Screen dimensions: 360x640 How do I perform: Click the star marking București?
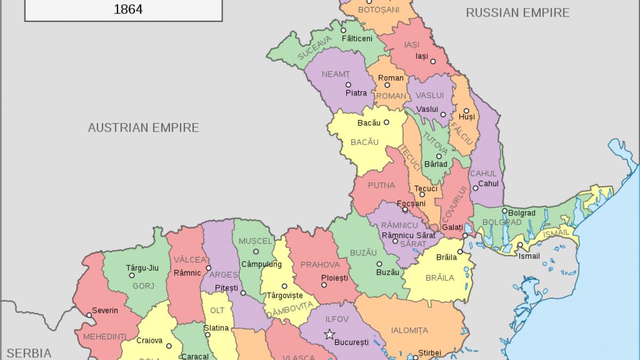[330, 334]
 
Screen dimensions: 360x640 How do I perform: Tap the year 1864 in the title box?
[128, 9]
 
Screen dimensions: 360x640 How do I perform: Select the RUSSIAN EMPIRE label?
[517, 12]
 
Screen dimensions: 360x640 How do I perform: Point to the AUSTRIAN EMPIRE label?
[143, 127]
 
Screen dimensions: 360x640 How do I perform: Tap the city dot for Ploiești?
[324, 285]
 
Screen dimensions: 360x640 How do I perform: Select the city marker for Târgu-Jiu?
[132, 275]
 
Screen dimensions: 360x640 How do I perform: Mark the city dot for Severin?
[89, 315]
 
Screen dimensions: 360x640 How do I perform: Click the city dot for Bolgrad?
[505, 211]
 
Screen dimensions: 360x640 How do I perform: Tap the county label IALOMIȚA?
[409, 331]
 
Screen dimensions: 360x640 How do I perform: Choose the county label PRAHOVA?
[320, 265]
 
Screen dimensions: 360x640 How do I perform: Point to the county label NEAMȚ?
[336, 74]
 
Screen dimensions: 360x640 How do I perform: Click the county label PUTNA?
[381, 186]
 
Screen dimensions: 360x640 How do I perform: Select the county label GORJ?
[142, 286]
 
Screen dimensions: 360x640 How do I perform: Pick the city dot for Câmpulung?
[255, 251]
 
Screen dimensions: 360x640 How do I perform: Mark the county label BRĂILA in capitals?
[439, 278]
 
